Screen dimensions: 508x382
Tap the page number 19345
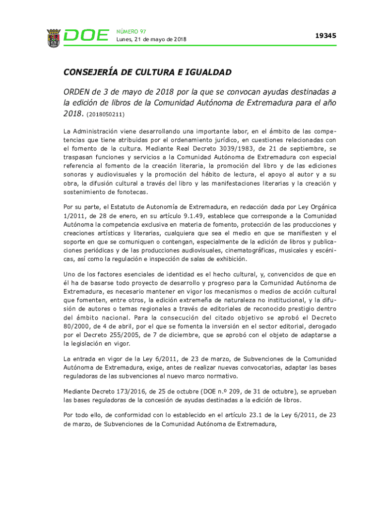325,36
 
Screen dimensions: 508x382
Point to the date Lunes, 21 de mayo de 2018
151,40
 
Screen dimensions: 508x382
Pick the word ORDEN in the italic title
77,92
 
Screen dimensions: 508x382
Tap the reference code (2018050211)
106,115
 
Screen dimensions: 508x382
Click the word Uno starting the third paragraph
70,274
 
